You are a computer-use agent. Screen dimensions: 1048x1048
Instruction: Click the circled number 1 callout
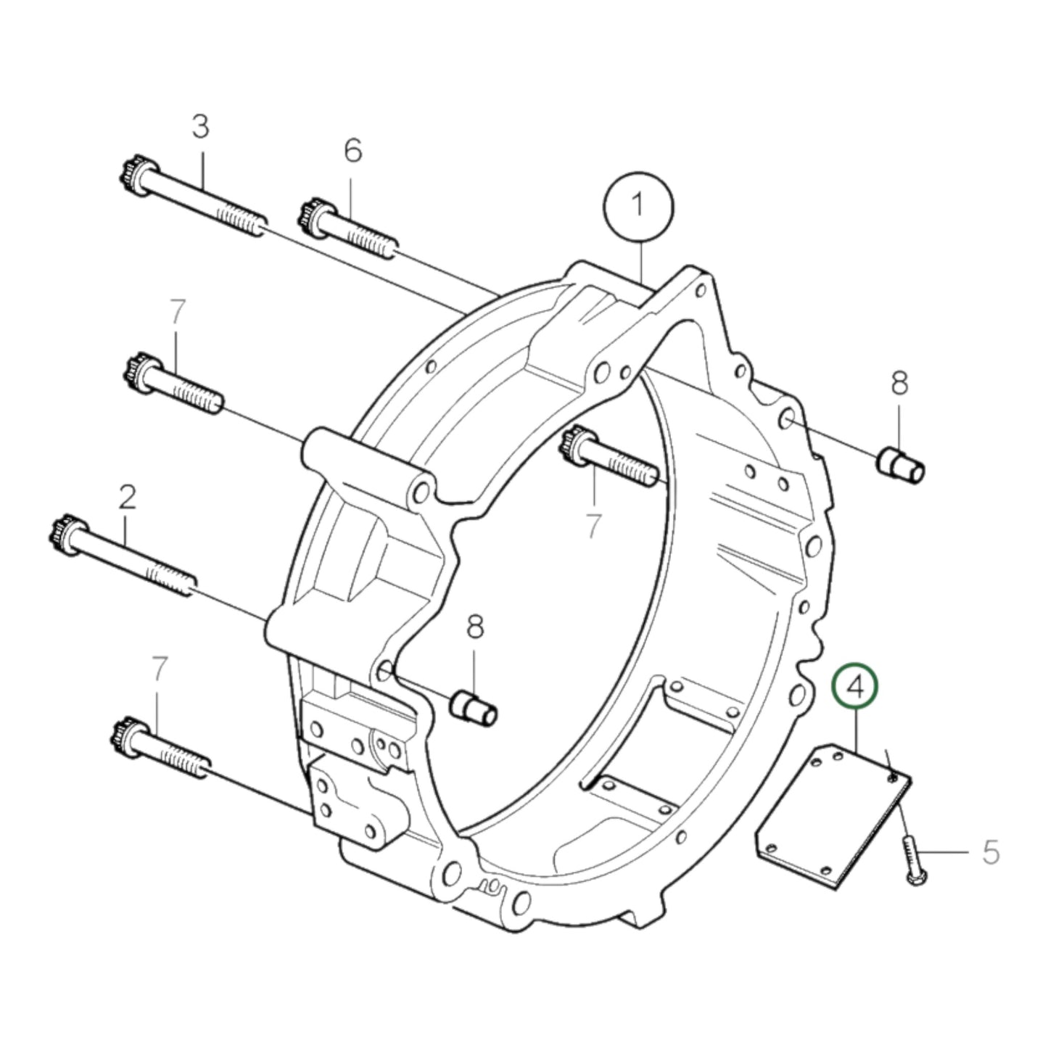[638, 207]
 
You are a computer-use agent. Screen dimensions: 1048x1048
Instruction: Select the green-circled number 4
[855, 687]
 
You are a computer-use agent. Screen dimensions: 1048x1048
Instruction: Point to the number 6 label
[352, 151]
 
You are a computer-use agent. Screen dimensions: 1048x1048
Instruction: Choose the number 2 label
[127, 498]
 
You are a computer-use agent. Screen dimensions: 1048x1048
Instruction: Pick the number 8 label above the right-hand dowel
[899, 383]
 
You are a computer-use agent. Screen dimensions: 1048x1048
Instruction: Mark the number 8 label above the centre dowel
[474, 627]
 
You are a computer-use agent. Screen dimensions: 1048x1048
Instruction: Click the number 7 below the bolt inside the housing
[594, 526]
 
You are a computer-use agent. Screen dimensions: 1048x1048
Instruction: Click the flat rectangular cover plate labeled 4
[834, 816]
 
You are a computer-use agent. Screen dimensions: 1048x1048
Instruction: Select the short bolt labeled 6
[348, 228]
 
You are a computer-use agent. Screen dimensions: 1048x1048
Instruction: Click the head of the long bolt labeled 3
[131, 175]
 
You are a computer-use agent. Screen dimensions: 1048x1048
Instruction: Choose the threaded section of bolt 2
[170, 579]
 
